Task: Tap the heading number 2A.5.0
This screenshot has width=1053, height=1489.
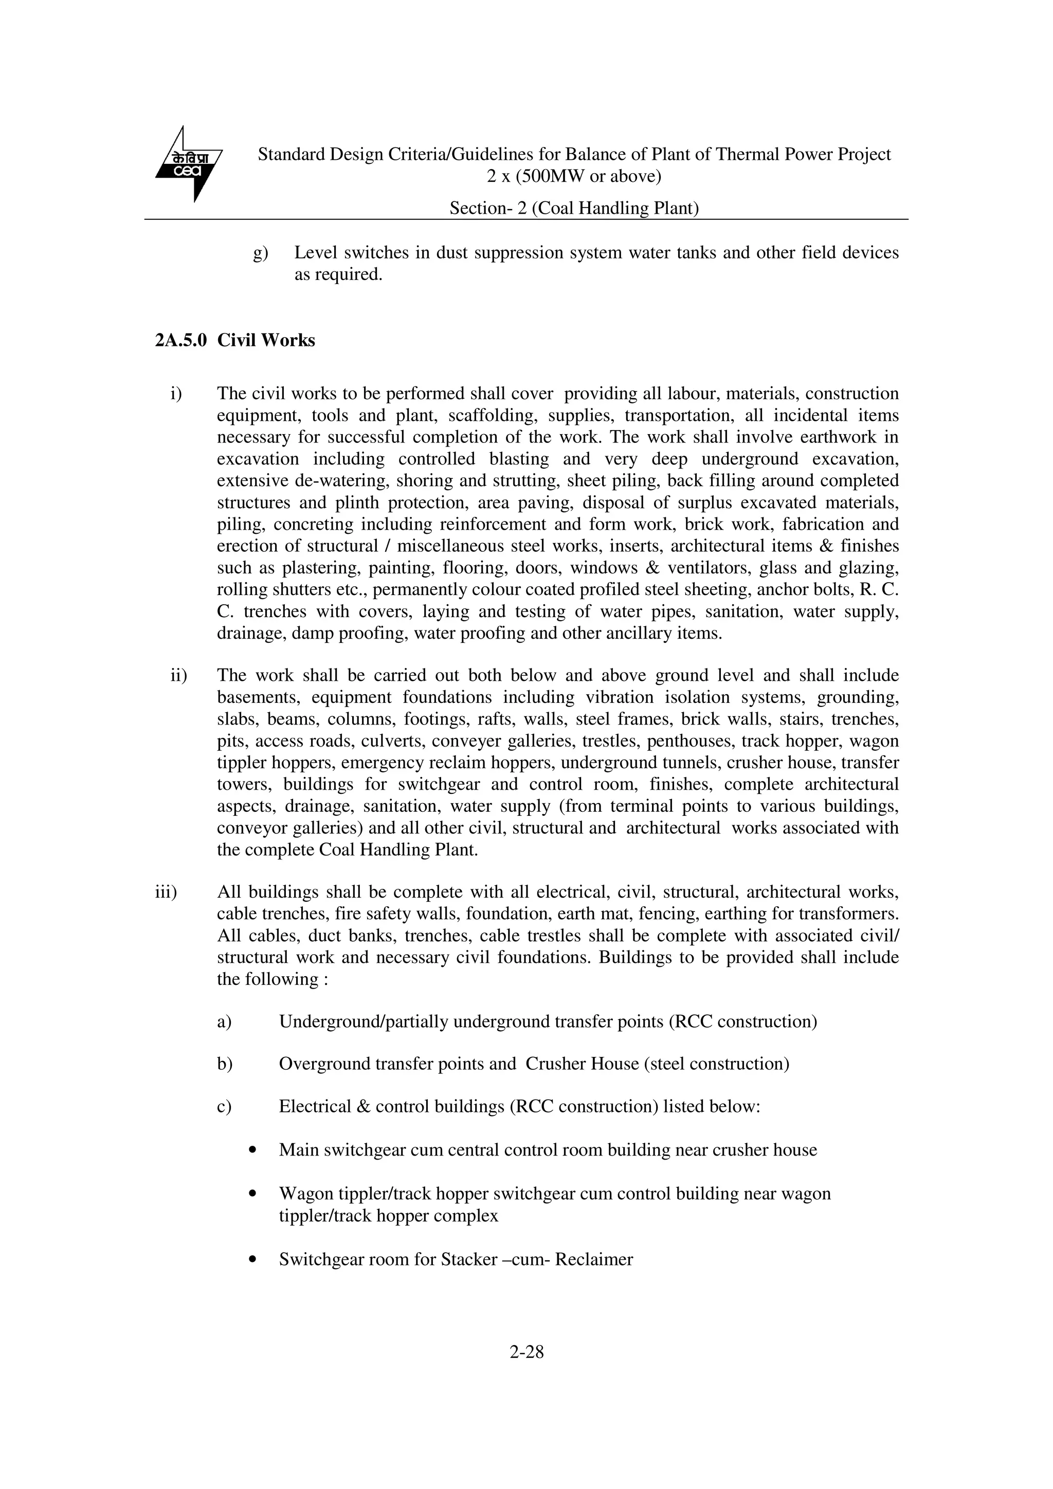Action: coord(180,341)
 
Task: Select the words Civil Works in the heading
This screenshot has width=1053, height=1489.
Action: coord(266,341)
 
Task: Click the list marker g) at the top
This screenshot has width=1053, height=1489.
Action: coord(260,253)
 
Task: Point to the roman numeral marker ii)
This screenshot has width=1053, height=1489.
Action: coord(178,676)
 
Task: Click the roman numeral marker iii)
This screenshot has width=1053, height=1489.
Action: coord(166,892)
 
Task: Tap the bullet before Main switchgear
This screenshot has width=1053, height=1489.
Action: coord(253,1150)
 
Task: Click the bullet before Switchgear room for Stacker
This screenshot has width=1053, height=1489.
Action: coord(253,1260)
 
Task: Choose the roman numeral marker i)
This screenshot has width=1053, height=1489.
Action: coord(175,394)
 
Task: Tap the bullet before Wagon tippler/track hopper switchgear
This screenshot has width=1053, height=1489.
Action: coord(253,1194)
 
